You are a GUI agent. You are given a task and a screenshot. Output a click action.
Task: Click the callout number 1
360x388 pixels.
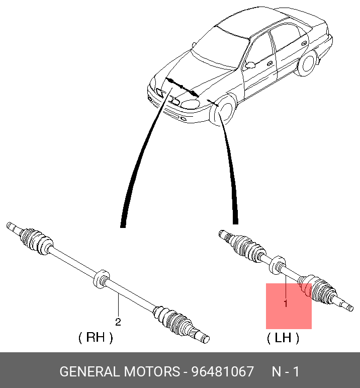[286, 303]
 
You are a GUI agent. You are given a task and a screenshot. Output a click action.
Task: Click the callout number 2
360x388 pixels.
[118, 322]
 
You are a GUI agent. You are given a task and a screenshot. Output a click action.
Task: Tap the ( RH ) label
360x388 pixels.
[96, 337]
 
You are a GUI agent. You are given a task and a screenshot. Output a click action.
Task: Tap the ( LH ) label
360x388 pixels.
[283, 338]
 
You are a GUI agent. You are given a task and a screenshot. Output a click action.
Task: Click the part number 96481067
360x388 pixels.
[223, 372]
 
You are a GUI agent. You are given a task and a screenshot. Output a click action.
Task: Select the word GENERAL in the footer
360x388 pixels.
[90, 372]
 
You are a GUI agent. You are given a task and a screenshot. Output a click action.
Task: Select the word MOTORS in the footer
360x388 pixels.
[152, 372]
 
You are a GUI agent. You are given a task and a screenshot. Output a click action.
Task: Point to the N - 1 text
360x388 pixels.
[286, 372]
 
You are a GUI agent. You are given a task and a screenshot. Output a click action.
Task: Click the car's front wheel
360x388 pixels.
[224, 110]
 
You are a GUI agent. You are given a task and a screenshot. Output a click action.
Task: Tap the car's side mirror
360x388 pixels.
[250, 65]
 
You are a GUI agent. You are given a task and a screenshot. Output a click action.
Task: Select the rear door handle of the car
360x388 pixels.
[304, 43]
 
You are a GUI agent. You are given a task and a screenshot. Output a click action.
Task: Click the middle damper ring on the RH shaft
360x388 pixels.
[101, 279]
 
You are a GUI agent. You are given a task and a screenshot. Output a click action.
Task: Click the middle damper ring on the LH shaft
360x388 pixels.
[278, 265]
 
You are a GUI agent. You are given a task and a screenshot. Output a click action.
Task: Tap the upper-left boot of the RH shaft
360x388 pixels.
[36, 241]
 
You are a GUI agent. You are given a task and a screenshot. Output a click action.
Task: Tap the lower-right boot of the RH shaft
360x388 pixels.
[172, 319]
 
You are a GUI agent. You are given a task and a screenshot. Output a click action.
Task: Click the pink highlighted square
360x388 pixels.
[289, 306]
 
